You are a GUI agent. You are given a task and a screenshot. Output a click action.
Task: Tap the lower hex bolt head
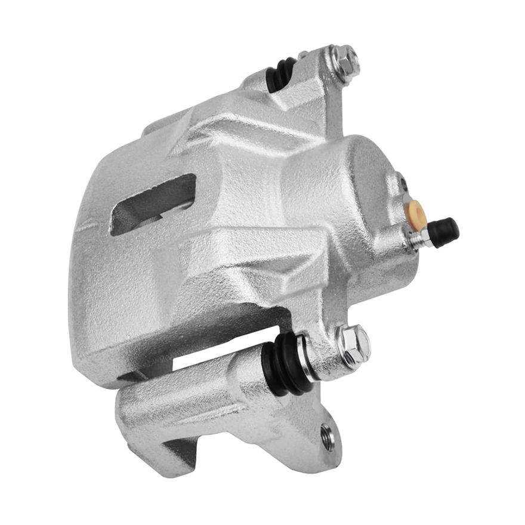(x=353, y=344)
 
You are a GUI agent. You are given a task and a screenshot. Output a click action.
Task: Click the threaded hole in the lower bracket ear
(x=328, y=437)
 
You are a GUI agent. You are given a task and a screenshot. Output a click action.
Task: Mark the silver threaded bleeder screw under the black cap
(x=421, y=238)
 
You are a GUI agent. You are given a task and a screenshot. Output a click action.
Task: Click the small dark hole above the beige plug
(x=404, y=183)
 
